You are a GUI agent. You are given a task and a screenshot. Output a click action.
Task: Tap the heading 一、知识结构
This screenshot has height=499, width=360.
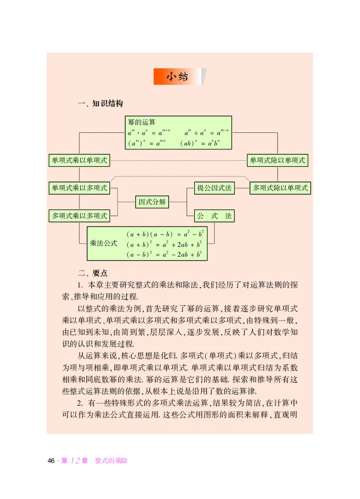pos(100,104)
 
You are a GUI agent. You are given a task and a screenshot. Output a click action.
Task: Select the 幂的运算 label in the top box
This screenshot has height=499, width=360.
pos(142,122)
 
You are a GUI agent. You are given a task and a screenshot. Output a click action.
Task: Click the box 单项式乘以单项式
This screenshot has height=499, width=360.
pos(79,160)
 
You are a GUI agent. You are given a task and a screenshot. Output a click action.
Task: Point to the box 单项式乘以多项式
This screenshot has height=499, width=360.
pos(79,188)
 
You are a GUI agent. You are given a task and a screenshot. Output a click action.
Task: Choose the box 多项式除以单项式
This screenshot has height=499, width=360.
pos(280,188)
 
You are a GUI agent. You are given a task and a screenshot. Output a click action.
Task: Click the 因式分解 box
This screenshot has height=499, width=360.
pos(151,202)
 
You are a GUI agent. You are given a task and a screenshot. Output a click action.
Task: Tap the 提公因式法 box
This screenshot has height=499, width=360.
pos(215,188)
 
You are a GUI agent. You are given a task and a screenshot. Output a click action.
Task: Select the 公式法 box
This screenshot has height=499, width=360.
pos(215,216)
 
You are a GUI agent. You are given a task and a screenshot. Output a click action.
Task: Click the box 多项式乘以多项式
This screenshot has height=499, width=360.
pos(79,216)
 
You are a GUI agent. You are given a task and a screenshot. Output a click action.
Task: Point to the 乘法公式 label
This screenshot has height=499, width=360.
pos(104,244)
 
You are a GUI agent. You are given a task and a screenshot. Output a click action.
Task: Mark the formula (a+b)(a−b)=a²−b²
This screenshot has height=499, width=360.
pos(166,234)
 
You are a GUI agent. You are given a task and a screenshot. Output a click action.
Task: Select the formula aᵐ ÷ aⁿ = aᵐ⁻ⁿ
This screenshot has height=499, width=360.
pos(207,132)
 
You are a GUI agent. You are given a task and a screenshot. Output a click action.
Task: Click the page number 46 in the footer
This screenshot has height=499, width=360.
pos(51,461)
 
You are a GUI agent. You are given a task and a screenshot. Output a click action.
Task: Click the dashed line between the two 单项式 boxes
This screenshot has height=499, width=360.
pos(178,160)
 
